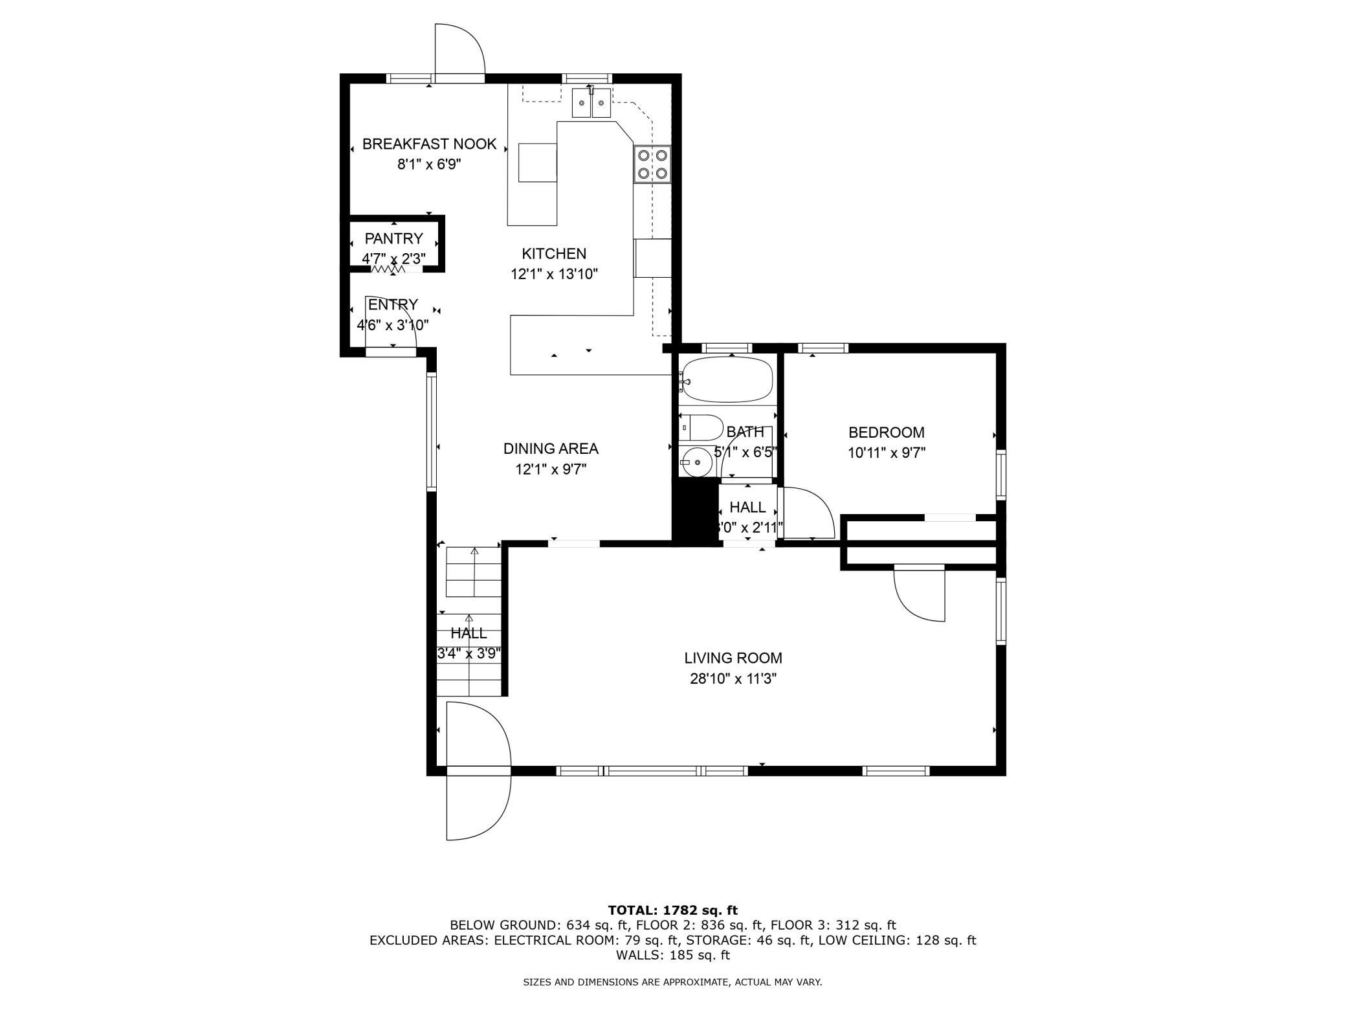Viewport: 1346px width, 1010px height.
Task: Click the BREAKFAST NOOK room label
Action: coord(429,144)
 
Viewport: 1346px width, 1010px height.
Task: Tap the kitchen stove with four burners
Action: coord(652,164)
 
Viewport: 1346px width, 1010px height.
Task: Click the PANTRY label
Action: coord(393,238)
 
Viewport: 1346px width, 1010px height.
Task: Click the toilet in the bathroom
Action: coord(701,427)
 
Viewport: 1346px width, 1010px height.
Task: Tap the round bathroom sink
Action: coord(696,462)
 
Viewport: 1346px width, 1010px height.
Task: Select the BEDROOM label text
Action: coord(887,432)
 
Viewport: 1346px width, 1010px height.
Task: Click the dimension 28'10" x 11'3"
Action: coord(733,679)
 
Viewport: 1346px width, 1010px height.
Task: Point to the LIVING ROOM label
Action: coord(733,658)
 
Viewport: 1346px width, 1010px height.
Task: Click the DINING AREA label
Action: coord(551,449)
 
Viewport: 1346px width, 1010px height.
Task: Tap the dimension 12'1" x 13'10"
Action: coord(554,275)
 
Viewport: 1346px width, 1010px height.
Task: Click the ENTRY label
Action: coord(393,304)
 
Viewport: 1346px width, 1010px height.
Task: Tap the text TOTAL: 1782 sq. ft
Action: coord(673,910)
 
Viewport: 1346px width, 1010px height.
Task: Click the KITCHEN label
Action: coord(554,254)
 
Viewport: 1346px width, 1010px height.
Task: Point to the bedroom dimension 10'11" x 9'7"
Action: coord(887,453)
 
